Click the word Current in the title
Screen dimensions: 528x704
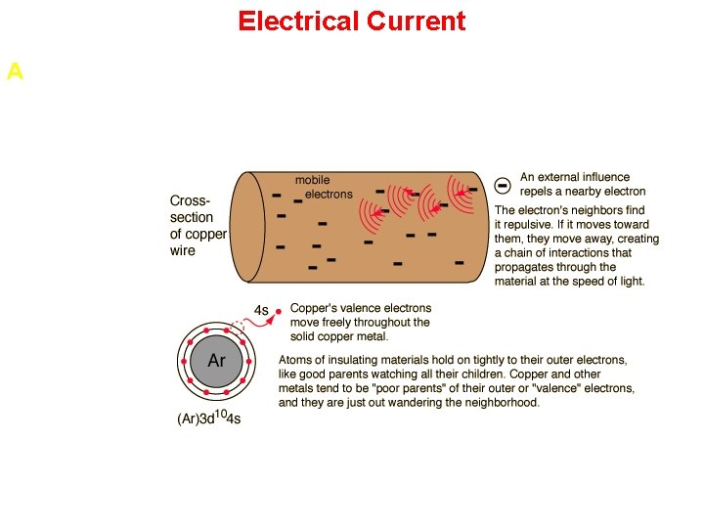pos(421,21)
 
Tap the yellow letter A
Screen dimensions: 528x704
pos(15,71)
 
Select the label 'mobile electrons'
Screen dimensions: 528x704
pos(324,187)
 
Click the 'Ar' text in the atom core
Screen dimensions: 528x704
pos(217,361)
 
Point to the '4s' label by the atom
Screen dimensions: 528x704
pos(261,310)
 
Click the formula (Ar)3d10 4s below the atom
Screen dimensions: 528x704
pos(209,418)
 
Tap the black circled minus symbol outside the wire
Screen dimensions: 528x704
pos(503,184)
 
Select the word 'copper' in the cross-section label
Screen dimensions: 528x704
pos(207,234)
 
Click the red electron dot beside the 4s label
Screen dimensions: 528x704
pos(279,311)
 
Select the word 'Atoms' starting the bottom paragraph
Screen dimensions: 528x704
pos(296,360)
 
